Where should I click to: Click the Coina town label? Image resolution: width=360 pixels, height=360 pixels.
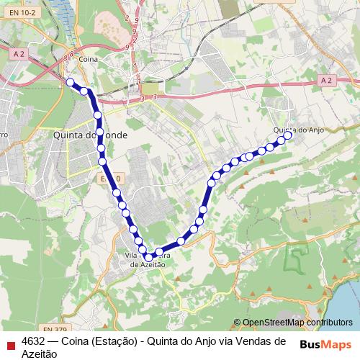[x=89, y=59]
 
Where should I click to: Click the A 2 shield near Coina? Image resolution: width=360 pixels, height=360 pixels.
[x=19, y=53]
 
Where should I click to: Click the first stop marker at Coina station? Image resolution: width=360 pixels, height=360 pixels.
[x=70, y=82]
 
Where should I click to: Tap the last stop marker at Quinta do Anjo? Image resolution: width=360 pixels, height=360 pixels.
[x=288, y=135]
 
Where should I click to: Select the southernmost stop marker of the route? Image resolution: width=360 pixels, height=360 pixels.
[x=149, y=256]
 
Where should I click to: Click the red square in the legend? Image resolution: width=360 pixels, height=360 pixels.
[x=9, y=343]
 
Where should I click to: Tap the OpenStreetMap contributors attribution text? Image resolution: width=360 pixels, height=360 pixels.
[x=297, y=323]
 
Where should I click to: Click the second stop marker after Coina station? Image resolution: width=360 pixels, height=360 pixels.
[x=97, y=114]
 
